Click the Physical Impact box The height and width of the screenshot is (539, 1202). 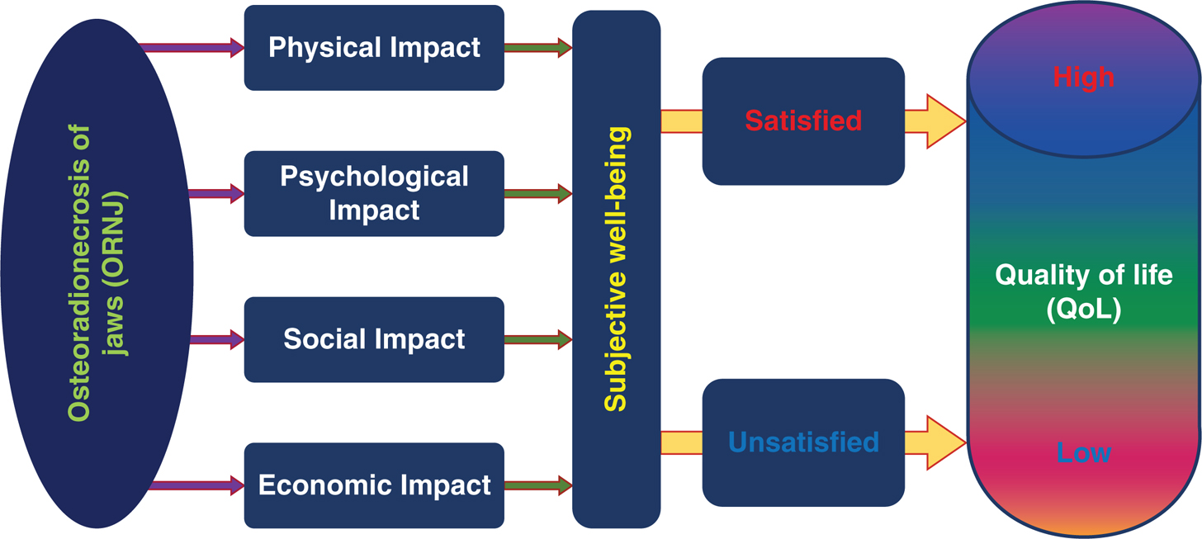point(374,47)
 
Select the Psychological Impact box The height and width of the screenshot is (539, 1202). point(374,193)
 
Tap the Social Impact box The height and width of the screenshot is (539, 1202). point(374,339)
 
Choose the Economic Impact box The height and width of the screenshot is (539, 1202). point(374,485)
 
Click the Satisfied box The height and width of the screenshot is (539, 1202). point(803,121)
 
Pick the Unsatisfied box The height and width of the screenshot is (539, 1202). point(803,442)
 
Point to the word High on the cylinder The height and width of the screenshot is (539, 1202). point(1083,77)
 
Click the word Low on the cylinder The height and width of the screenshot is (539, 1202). point(1083,452)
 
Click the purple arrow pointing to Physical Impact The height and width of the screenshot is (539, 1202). point(194,48)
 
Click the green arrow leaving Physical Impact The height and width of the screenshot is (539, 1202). point(537,48)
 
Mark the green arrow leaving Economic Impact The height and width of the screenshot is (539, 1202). point(537,485)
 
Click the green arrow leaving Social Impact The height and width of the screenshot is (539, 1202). point(537,339)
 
